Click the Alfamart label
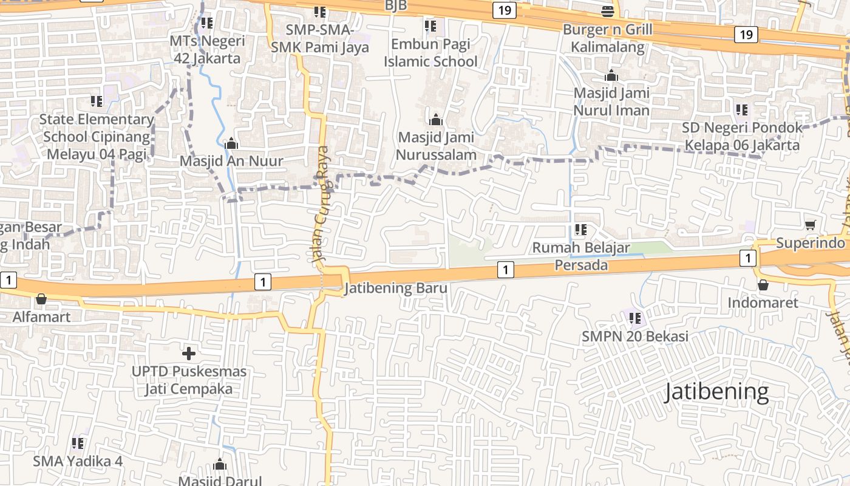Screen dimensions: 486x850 point(41,317)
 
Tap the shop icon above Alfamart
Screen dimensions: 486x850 point(41,299)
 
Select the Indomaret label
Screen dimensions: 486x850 point(763,303)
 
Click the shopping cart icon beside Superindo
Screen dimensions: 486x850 point(810,225)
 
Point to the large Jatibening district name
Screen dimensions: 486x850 point(716,392)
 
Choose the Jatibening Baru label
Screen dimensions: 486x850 point(396,288)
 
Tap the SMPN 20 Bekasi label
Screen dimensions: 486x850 point(635,336)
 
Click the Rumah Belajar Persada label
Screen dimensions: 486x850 point(581,256)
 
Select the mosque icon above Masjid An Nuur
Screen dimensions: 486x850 point(231,144)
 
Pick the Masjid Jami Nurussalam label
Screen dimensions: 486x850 point(436,146)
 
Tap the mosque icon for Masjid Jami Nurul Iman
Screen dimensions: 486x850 point(611,76)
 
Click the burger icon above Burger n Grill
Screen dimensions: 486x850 point(607,10)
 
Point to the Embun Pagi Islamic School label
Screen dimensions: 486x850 point(430,52)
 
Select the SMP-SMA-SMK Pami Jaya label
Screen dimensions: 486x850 point(320,38)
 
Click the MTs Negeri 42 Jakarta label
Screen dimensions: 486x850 point(207,50)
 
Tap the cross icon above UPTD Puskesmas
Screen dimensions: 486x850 point(189,353)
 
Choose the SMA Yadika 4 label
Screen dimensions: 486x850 point(78,461)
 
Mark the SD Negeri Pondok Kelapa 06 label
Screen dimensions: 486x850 point(741,137)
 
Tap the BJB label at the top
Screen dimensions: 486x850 point(395,5)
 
